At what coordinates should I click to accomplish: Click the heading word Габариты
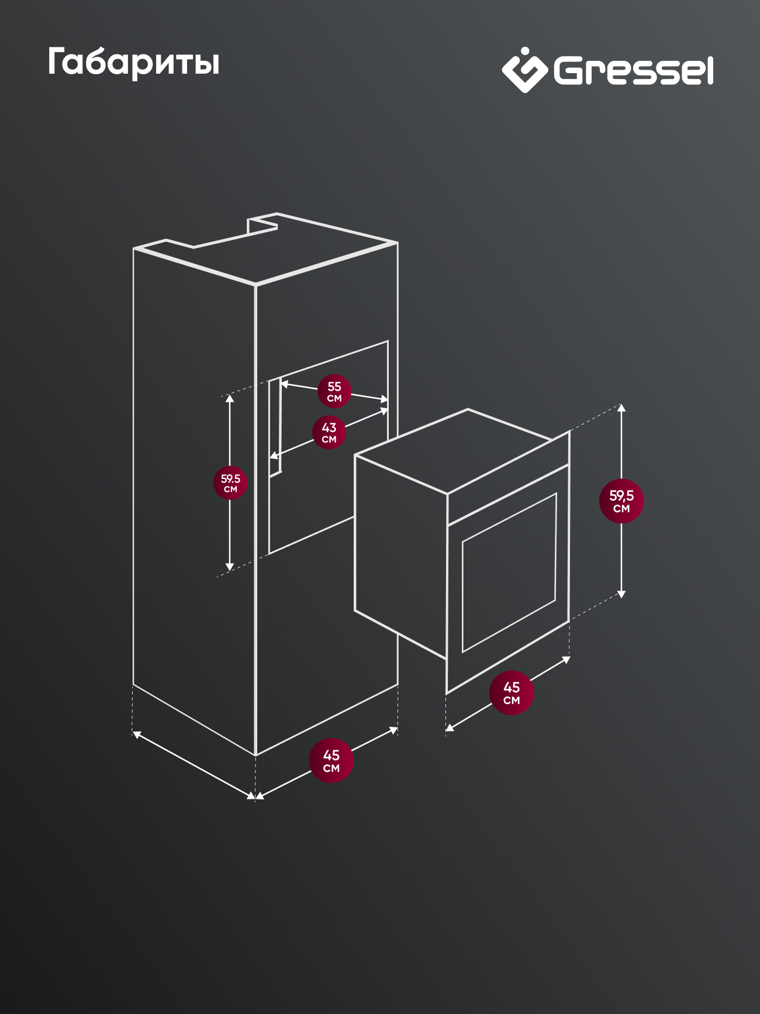click(x=133, y=63)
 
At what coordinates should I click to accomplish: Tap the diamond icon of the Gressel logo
click(x=524, y=70)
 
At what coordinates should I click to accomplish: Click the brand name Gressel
click(x=634, y=71)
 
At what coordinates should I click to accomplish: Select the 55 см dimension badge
click(x=334, y=391)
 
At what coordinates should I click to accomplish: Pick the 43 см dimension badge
click(x=329, y=432)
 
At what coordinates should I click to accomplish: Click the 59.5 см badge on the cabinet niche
click(x=230, y=483)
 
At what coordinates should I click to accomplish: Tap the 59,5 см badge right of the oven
click(x=621, y=501)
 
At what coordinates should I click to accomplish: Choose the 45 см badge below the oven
click(x=512, y=693)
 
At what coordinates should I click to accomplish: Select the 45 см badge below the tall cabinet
click(x=331, y=761)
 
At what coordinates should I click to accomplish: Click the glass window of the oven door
click(x=509, y=572)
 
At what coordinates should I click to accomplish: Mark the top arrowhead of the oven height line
click(x=621, y=407)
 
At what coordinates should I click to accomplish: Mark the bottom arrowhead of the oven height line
click(x=621, y=594)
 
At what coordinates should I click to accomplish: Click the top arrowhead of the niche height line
click(x=230, y=398)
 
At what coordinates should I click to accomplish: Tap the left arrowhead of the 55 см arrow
click(x=285, y=384)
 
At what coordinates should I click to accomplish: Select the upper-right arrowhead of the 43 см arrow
click(x=384, y=411)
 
